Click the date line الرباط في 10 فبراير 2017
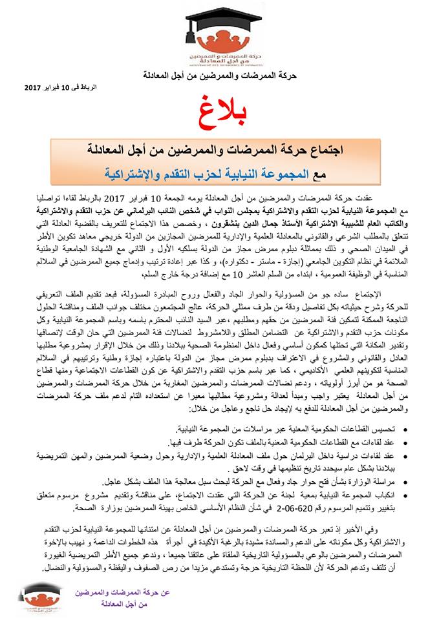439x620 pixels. point(56,87)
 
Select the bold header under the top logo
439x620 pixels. point(220,76)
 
